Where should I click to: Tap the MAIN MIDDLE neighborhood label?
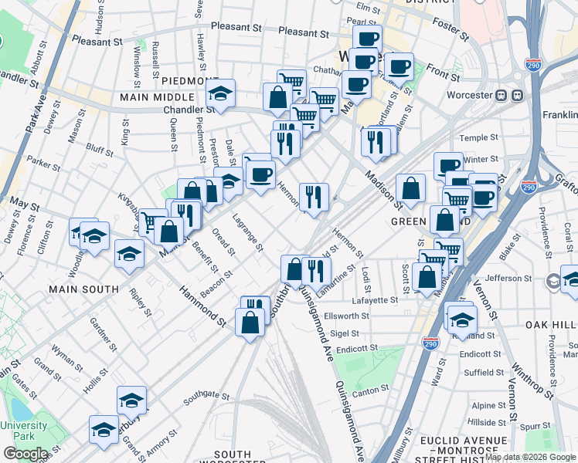[x=157, y=97]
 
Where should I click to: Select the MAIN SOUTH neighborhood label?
[x=83, y=289]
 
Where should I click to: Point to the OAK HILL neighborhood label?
[x=552, y=325]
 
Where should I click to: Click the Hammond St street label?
[x=202, y=305]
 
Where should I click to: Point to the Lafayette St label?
[x=373, y=299]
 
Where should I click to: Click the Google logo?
[x=25, y=454]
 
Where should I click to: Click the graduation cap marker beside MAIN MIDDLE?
[x=221, y=94]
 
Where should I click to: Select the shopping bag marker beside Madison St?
[x=411, y=188]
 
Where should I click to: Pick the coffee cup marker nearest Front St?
[x=399, y=67]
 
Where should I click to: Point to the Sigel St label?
[x=344, y=334]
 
